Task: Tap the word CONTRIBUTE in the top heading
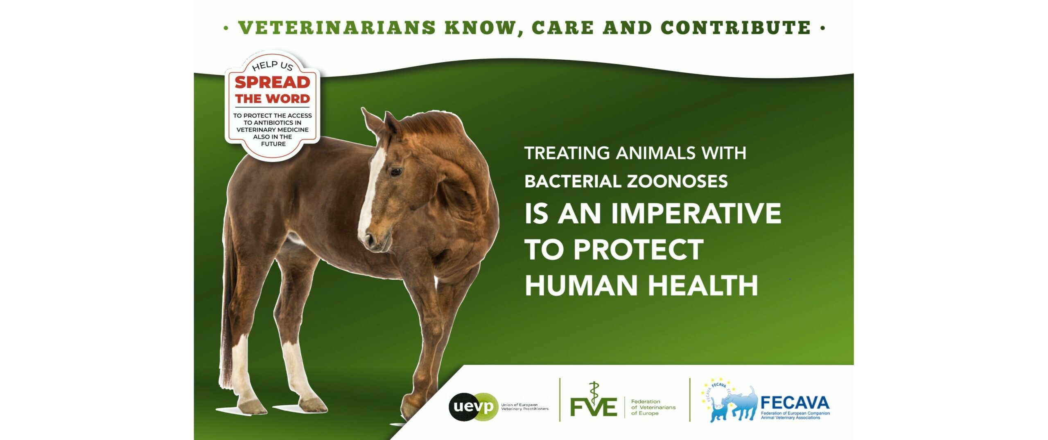(735, 27)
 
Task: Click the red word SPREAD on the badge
(272, 82)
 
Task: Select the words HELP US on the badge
(273, 66)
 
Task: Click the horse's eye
(395, 172)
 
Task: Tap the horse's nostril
(370, 238)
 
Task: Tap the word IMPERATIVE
(696, 213)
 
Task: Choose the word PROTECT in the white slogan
(638, 249)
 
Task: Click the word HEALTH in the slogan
(703, 285)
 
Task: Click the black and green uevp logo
(474, 406)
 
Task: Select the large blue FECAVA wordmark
(795, 403)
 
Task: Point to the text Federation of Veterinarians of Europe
(653, 407)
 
